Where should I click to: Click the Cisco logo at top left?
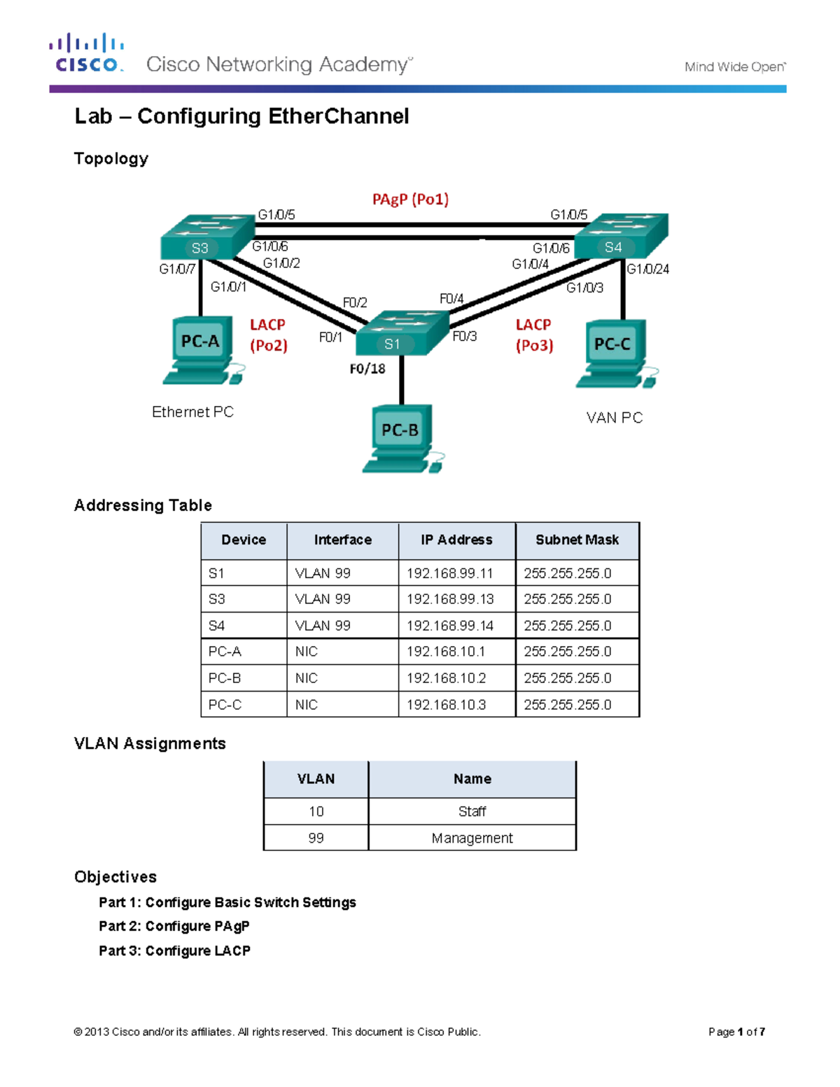pyautogui.click(x=87, y=53)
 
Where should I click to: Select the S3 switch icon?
pyautogui.click(x=206, y=238)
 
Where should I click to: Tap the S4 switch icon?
pyautogui.click(x=622, y=237)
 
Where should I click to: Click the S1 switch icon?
pyautogui.click(x=401, y=334)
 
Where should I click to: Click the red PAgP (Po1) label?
pyautogui.click(x=410, y=199)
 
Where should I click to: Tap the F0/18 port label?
pyautogui.click(x=367, y=369)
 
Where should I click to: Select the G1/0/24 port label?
pyautogui.click(x=647, y=269)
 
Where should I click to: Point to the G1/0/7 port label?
pyautogui.click(x=177, y=269)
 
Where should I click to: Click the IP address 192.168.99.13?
pyautogui.click(x=450, y=599)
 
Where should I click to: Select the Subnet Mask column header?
pyautogui.click(x=577, y=540)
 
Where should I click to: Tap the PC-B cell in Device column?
pyautogui.click(x=225, y=678)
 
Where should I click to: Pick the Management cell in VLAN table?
pyautogui.click(x=472, y=838)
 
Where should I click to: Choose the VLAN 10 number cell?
pyautogui.click(x=316, y=811)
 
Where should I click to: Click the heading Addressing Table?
pyautogui.click(x=143, y=505)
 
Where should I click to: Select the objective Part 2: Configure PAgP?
pyautogui.click(x=174, y=926)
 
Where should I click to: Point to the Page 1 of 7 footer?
pyautogui.click(x=736, y=1032)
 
